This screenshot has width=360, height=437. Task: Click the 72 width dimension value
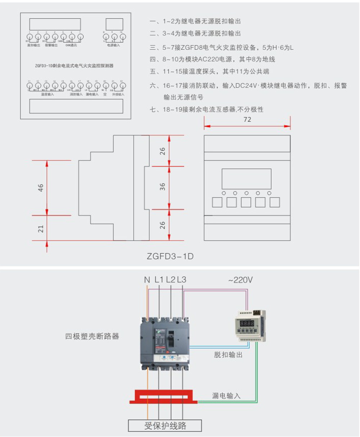[247, 120]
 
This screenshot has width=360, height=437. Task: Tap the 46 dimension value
[41, 188]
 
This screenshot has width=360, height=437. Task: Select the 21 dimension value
[41, 229]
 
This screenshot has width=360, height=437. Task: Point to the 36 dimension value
[163, 187]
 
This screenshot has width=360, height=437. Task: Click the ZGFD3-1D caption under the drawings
[170, 256]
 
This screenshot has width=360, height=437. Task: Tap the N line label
[147, 280]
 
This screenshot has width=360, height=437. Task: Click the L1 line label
[159, 280]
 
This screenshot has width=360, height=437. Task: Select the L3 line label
[182, 280]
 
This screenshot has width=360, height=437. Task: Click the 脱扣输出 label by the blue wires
[228, 355]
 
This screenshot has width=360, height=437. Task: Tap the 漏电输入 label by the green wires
[226, 396]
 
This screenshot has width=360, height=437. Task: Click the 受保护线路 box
[165, 425]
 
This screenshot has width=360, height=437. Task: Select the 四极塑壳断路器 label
[92, 337]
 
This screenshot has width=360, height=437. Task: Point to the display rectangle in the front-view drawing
[246, 179]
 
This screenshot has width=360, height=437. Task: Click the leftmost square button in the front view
[217, 202]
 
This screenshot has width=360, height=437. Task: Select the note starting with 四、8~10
[212, 59]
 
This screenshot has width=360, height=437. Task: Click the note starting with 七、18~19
[207, 109]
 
